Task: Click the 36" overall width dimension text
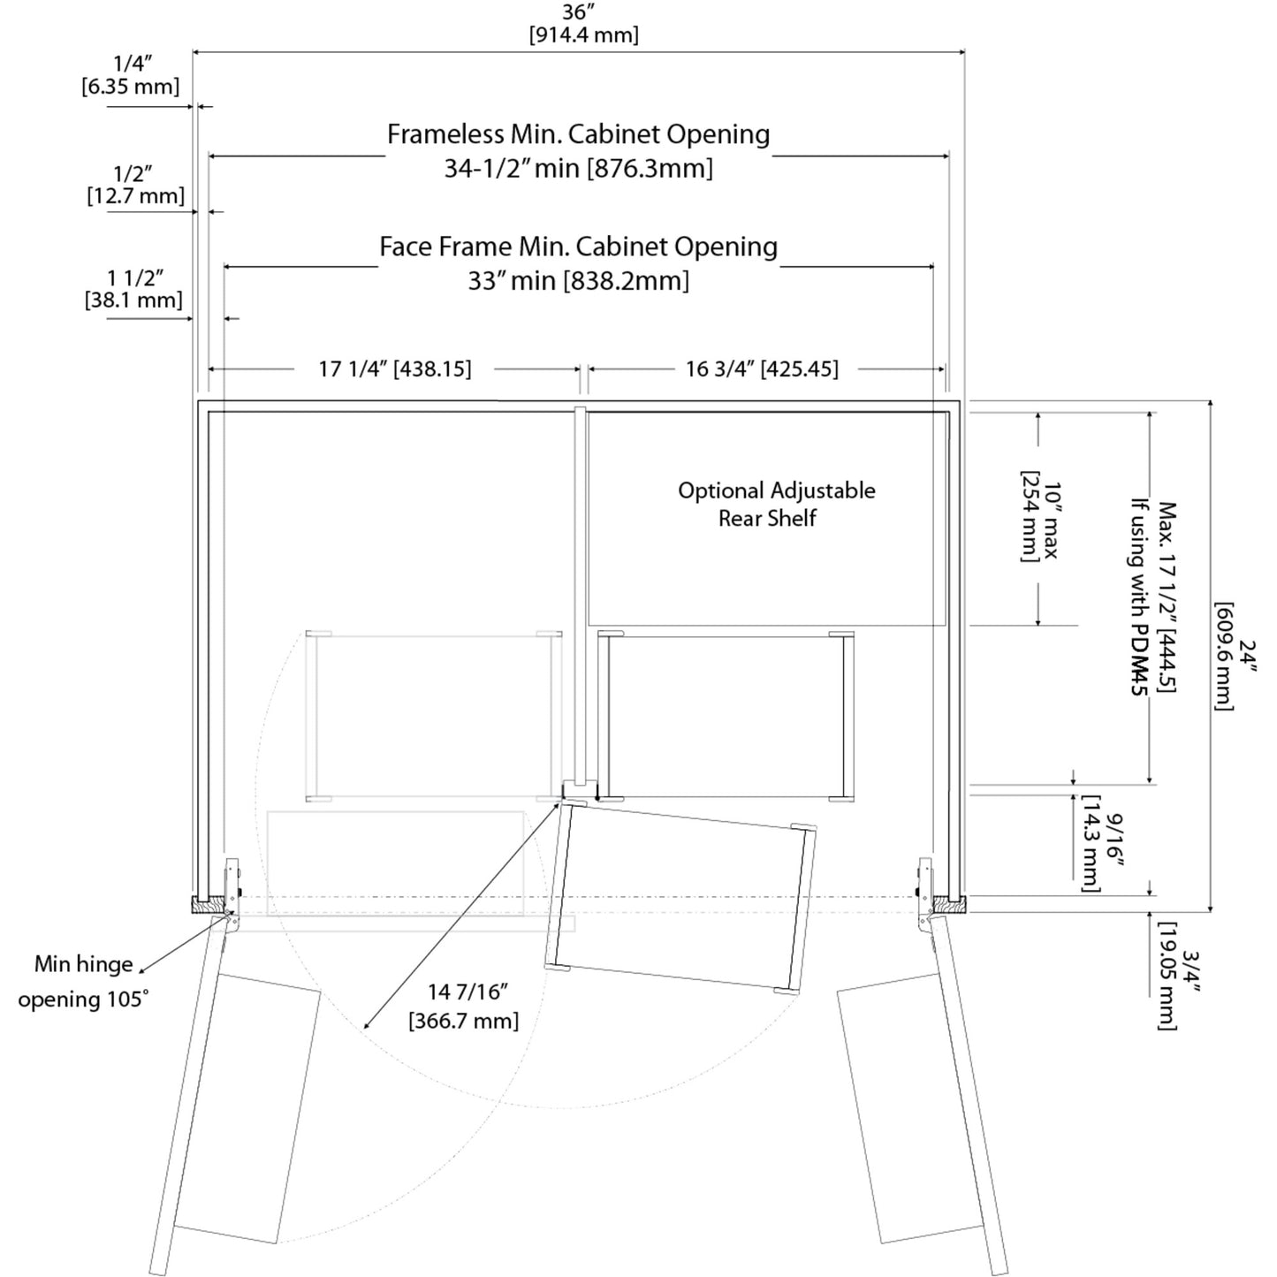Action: (579, 12)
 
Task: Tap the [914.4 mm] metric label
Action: (584, 35)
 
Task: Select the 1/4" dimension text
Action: (133, 64)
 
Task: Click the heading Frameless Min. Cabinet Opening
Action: (579, 134)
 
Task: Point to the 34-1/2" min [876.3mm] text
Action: (579, 168)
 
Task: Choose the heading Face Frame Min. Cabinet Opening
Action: (579, 247)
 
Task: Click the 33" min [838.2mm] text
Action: (579, 281)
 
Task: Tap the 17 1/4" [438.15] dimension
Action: (395, 369)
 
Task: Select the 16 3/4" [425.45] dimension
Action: (762, 369)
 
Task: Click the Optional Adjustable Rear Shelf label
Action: (776, 504)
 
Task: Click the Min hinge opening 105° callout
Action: (84, 982)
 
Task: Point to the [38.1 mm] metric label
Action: (133, 300)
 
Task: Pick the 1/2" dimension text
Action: (133, 173)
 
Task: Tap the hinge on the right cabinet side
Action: (925, 888)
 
